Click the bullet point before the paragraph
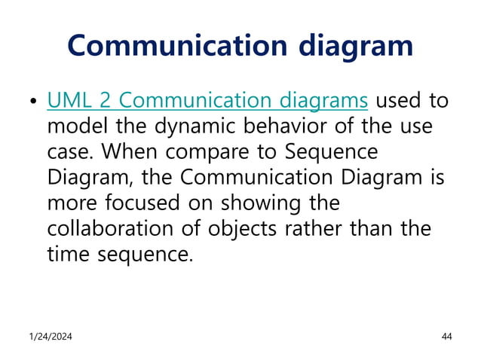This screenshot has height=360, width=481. tap(32, 102)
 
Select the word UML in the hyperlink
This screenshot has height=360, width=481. tap(70, 100)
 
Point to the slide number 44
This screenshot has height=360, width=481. tap(446, 336)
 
